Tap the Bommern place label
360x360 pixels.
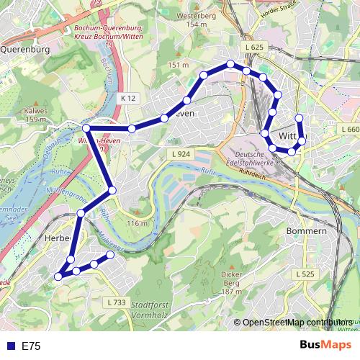click(307, 231)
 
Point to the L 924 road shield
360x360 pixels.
click(180, 154)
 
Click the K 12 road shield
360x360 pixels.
click(128, 97)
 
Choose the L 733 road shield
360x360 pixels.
click(115, 302)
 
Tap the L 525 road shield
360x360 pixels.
click(305, 274)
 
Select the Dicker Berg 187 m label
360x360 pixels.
click(230, 282)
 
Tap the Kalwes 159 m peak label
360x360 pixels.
click(35, 115)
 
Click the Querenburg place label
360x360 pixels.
click(24, 50)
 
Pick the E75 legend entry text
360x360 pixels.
click(30, 346)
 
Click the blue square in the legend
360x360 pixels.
click(10, 346)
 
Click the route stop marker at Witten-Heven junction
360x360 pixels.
click(86, 128)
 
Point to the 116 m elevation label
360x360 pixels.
click(137, 223)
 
